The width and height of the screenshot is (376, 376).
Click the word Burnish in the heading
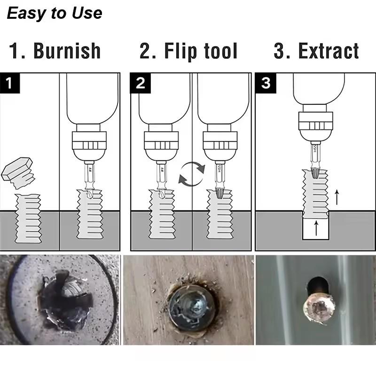click(67, 51)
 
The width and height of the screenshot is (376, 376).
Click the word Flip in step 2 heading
click(180, 51)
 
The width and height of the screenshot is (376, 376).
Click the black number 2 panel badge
click(140, 83)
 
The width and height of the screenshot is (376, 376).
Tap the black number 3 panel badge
click(266, 83)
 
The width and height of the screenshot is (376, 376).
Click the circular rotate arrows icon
click(192, 172)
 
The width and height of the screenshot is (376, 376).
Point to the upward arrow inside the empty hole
click(316, 229)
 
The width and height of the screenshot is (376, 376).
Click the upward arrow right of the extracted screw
click(337, 196)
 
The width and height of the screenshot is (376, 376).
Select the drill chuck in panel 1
click(89, 143)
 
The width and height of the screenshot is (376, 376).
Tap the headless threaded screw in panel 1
click(29, 218)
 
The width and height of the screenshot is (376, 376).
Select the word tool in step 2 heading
click(220, 51)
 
